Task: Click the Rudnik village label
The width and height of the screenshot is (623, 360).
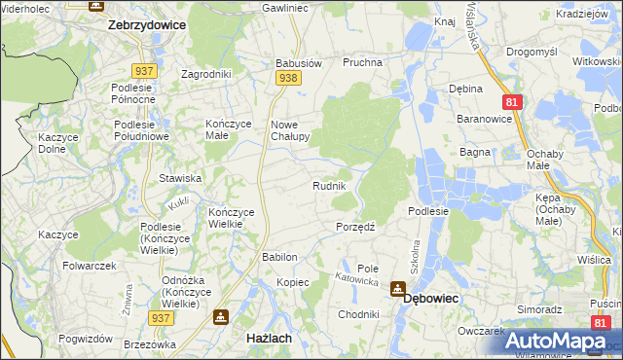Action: coord(330,186)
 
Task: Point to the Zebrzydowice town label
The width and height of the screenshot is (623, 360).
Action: coord(146,25)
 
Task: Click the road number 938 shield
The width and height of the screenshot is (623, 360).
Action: coord(286,77)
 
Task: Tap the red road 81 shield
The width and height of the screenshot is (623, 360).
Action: coord(511,100)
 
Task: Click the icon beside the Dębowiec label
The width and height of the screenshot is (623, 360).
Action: coord(397,289)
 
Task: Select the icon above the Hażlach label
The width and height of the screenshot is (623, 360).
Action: coord(221,317)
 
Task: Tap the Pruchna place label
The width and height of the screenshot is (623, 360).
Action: coord(362,62)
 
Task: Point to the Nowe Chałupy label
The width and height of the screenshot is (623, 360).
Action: coord(289,130)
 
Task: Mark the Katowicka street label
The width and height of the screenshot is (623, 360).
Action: coord(356,279)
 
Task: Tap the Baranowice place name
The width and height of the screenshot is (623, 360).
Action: coord(484,118)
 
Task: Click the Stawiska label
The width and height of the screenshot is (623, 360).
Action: coord(180,178)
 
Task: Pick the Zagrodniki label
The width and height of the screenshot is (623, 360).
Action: coord(206,73)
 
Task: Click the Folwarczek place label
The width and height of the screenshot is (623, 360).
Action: coord(90,266)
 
